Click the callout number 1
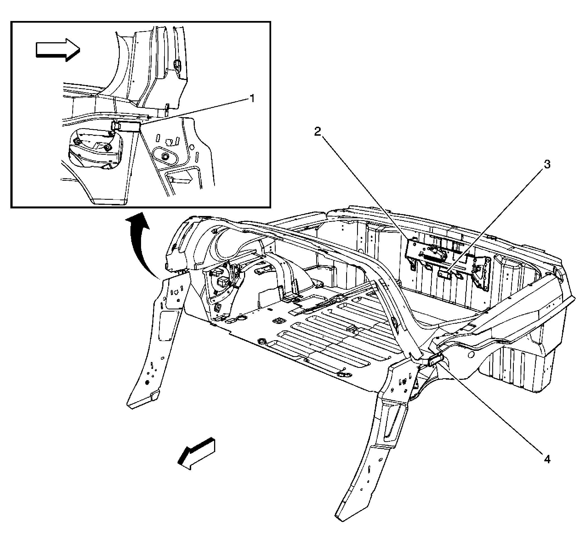click(x=252, y=98)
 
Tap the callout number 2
click(x=317, y=132)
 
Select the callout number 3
click(x=547, y=164)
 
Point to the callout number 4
click(x=547, y=459)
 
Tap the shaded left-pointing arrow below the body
click(x=196, y=454)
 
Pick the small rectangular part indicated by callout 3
click(x=445, y=274)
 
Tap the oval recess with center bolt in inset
click(x=165, y=156)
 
